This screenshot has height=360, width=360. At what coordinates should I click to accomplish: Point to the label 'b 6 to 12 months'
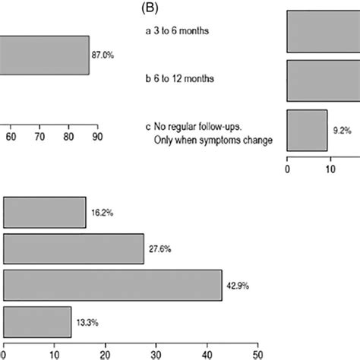click(x=179, y=79)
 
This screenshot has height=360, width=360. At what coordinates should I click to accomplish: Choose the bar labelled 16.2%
click(x=45, y=212)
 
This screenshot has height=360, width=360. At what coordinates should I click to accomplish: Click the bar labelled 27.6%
click(x=74, y=248)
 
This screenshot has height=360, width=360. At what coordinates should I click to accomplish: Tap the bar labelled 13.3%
click(x=37, y=322)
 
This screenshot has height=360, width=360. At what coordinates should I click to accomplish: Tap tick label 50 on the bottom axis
click(x=257, y=353)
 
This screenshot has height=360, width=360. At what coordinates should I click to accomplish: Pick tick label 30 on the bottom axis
click(x=156, y=353)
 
